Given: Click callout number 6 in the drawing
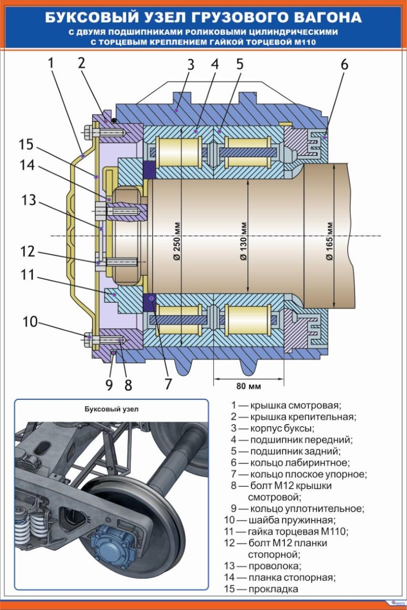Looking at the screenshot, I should (344, 64).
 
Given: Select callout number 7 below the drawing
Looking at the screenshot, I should (168, 384).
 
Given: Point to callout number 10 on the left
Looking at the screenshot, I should (30, 321).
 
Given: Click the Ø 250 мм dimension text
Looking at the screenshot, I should (176, 242).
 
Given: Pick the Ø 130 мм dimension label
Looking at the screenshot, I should (243, 242).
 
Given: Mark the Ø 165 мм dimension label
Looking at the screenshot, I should (329, 242).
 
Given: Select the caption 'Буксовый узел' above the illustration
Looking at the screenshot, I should (111, 409).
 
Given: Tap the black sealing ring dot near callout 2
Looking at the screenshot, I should (113, 120).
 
